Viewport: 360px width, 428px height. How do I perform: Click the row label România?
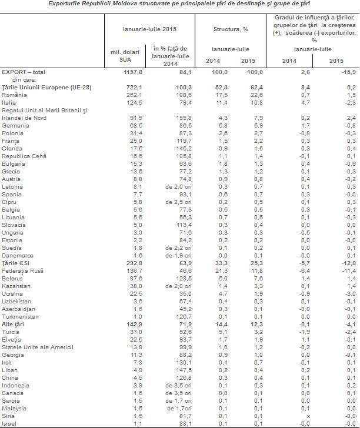(14, 95)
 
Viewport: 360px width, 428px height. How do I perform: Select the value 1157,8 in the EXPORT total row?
(133, 72)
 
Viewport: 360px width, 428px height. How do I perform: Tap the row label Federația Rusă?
(22, 271)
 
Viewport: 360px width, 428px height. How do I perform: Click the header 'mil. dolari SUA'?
(125, 56)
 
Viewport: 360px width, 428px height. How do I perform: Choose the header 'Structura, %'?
(231, 29)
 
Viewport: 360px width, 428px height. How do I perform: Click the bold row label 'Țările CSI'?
(15, 263)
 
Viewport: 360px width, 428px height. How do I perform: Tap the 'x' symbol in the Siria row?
(308, 416)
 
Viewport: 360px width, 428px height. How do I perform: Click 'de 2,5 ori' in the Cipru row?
(178, 202)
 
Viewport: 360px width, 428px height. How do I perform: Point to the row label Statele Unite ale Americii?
(38, 347)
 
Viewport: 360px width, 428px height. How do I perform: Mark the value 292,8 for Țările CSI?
(134, 263)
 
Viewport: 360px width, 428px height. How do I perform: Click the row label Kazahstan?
(16, 286)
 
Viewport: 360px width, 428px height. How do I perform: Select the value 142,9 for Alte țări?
(134, 325)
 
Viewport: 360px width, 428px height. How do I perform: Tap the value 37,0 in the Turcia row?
(136, 332)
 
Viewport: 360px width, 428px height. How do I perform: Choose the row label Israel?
(9, 424)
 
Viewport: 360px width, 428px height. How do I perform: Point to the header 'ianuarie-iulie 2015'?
(149, 29)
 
